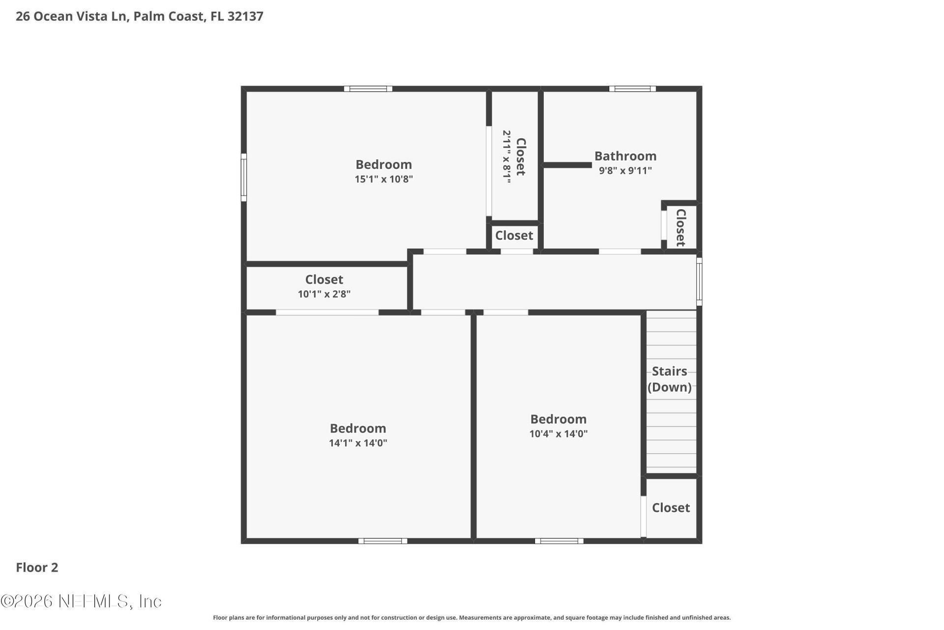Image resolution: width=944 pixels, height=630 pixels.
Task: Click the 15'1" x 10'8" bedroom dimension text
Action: pyautogui.click(x=383, y=179)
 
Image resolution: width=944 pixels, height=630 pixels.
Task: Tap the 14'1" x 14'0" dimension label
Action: pyautogui.click(x=358, y=443)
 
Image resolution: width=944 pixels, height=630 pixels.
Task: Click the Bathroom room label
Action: pyautogui.click(x=625, y=156)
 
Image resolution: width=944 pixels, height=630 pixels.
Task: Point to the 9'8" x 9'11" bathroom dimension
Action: pyautogui.click(x=625, y=171)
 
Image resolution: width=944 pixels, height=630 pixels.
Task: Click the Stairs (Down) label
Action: pyautogui.click(x=669, y=379)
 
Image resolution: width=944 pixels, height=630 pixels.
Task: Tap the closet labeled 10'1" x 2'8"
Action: pyautogui.click(x=324, y=286)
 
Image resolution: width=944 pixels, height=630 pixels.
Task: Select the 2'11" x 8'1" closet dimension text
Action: pyautogui.click(x=506, y=157)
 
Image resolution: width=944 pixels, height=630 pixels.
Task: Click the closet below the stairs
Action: pyautogui.click(x=671, y=507)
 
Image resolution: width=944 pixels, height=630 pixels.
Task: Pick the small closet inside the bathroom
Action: pyautogui.click(x=680, y=227)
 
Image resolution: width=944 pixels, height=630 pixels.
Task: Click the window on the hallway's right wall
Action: pyautogui.click(x=699, y=281)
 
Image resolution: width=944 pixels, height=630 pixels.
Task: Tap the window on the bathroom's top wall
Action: pyautogui.click(x=632, y=89)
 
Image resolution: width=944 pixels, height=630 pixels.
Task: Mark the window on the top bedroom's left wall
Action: pyautogui.click(x=243, y=177)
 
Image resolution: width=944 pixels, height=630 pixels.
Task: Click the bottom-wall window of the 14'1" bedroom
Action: pyautogui.click(x=383, y=541)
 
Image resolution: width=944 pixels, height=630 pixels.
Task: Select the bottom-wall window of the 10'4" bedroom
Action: pyautogui.click(x=559, y=541)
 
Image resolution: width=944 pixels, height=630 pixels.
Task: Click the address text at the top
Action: pyautogui.click(x=140, y=16)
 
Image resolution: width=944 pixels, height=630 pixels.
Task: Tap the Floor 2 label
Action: pyautogui.click(x=37, y=567)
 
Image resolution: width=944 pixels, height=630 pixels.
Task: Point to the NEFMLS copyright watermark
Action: pyautogui.click(x=81, y=601)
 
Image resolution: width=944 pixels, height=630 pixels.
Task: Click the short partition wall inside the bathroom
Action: pyautogui.click(x=567, y=165)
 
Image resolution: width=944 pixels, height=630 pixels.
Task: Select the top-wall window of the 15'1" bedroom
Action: pyautogui.click(x=368, y=89)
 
